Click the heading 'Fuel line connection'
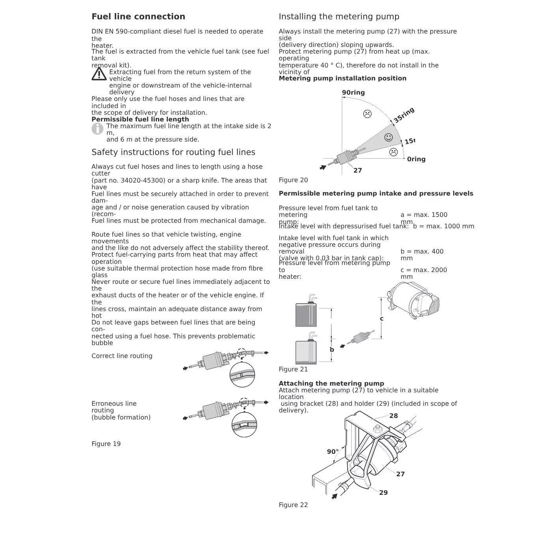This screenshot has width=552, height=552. pos(138,17)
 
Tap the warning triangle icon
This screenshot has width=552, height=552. pos(99,74)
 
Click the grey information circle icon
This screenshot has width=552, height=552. pos(97,129)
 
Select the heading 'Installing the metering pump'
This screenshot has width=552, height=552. pos(339,17)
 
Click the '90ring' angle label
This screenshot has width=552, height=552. pos(353,93)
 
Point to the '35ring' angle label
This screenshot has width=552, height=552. pos(404,115)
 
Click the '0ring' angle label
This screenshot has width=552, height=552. pos(416,159)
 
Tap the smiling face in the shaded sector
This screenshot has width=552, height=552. pos(388,137)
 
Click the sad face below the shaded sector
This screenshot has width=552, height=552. pos(393,152)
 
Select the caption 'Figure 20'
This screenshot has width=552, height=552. pos(293,180)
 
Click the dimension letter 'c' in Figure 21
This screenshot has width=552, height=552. pos(381,319)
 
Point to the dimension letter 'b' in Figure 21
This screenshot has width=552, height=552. pos(332,349)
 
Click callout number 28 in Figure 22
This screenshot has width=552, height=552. pos(393,416)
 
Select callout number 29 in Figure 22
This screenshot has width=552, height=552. pos(383,493)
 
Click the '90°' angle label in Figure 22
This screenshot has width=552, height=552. pos(332,452)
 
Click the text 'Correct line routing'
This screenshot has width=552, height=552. pos(122,356)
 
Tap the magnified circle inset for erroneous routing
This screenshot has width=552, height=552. pos(244,425)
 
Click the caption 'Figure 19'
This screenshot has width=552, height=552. pos(106,444)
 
